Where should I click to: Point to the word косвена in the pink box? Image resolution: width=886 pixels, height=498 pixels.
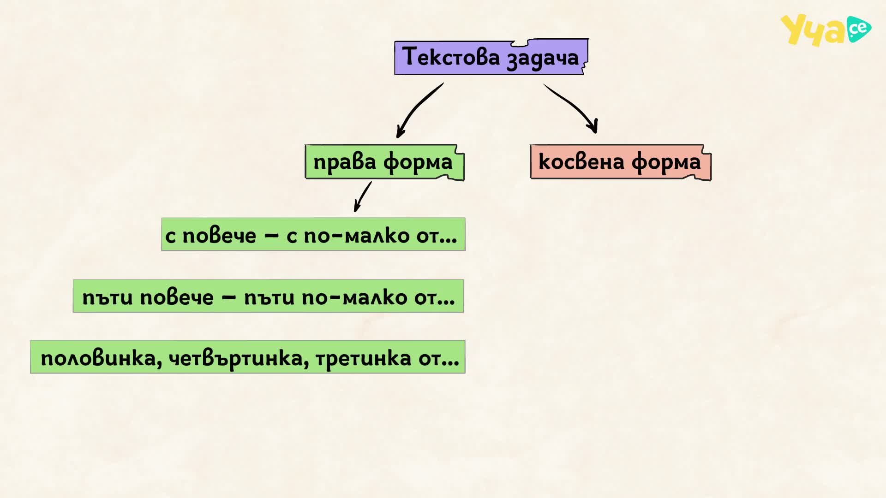581,162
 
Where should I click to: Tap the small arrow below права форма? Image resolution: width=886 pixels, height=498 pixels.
362,196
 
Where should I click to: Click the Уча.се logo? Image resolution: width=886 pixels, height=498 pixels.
826,30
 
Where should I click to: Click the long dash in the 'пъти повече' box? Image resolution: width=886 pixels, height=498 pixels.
229,297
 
